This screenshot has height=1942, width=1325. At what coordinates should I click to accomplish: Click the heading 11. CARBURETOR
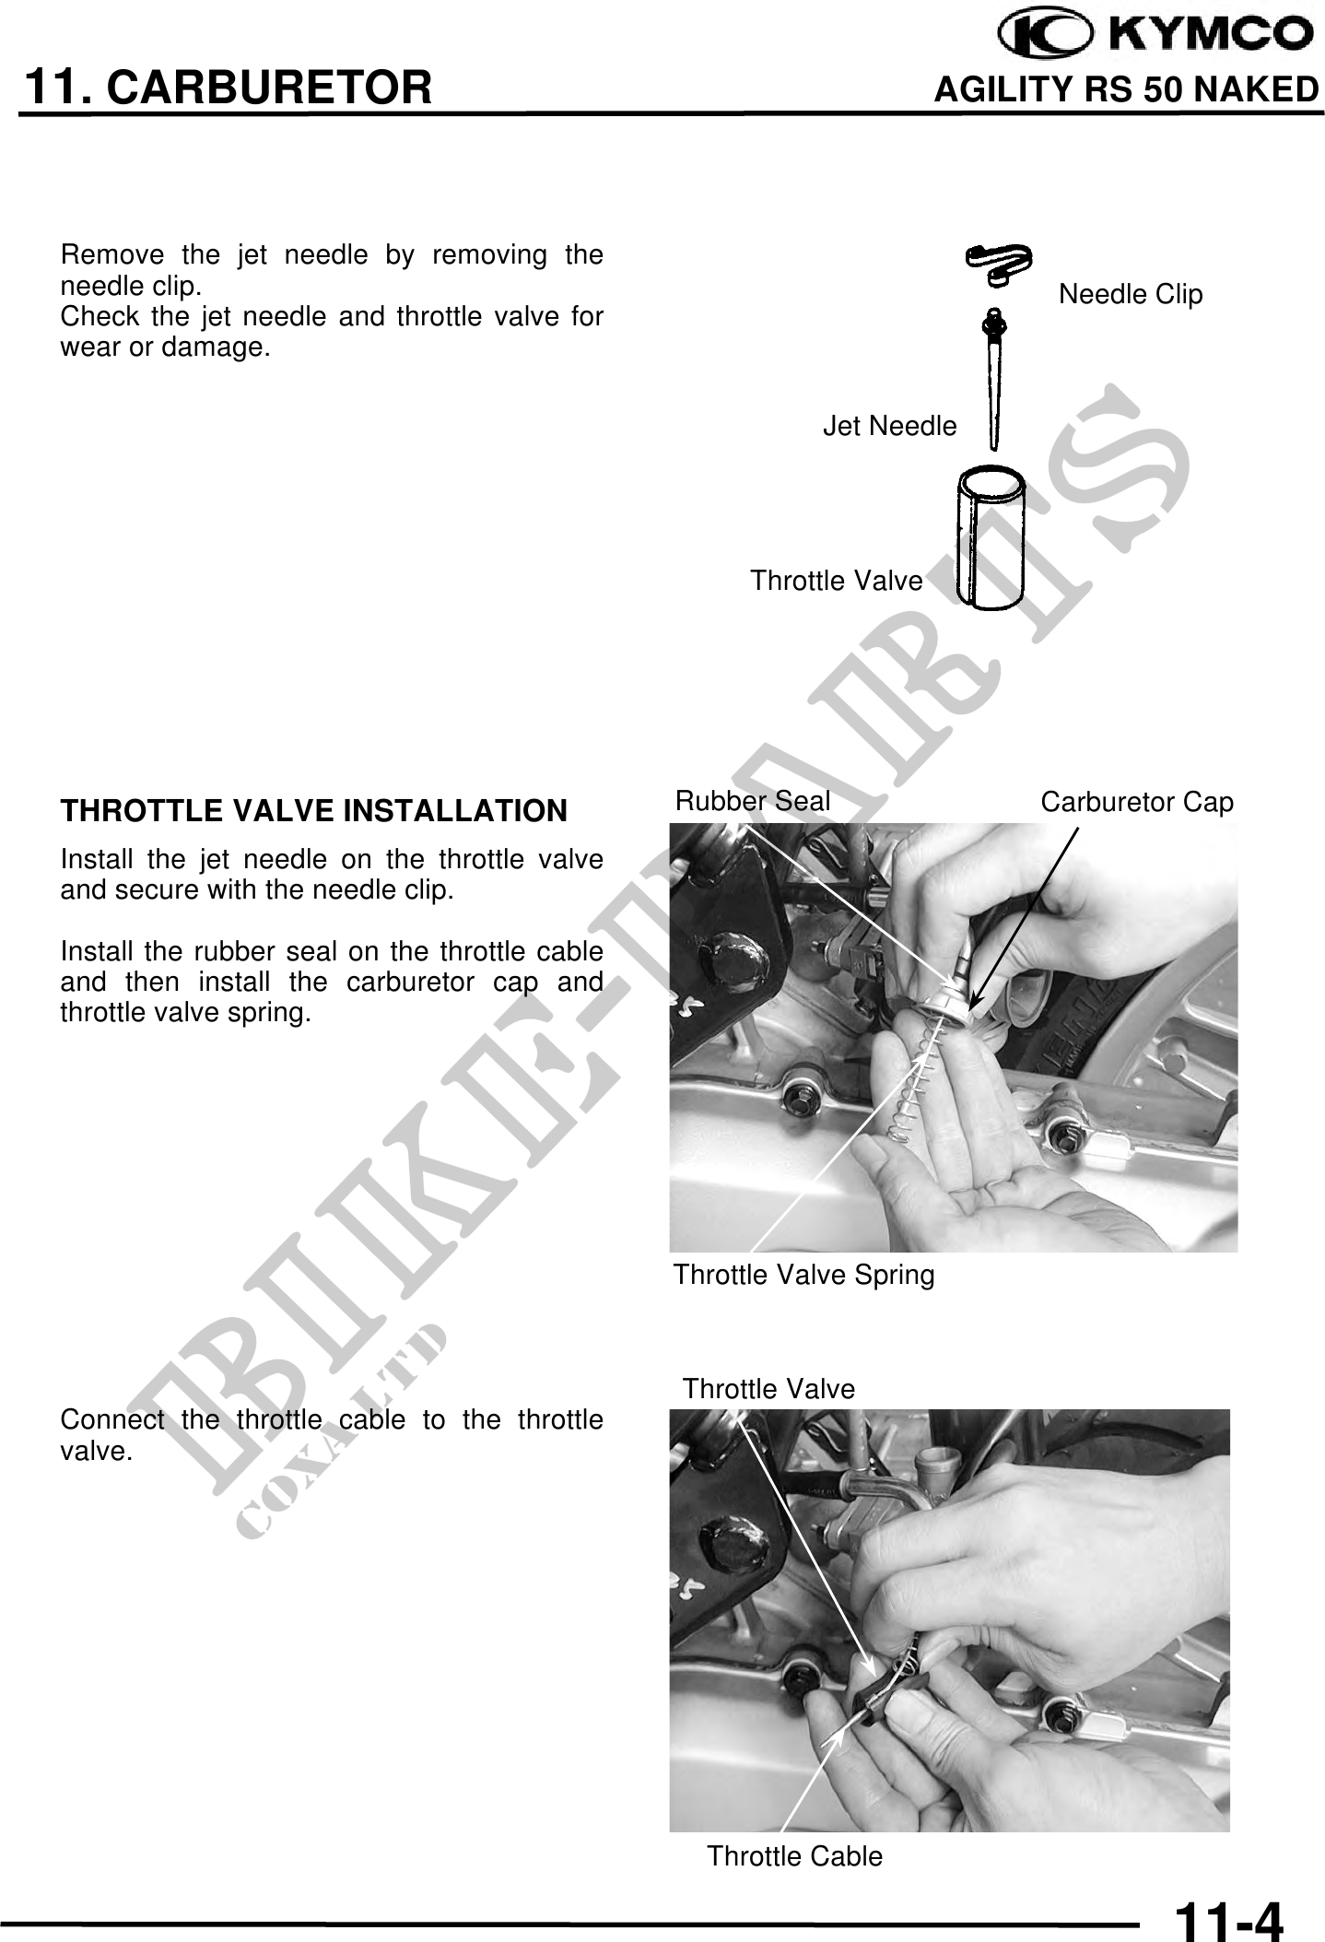(228, 88)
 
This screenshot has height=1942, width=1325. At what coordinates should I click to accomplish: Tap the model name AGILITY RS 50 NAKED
(1126, 90)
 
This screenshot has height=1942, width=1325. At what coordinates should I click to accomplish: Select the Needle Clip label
(1131, 294)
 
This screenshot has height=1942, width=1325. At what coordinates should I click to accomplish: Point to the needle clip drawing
(998, 261)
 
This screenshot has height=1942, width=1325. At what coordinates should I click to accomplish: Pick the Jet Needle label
(889, 426)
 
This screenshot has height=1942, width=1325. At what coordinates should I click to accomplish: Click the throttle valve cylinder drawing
(991, 537)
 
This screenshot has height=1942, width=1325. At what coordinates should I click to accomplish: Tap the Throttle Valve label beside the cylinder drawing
(836, 581)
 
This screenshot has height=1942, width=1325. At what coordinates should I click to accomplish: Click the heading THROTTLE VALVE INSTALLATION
(313, 811)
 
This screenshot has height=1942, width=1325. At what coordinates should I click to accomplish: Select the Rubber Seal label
(753, 801)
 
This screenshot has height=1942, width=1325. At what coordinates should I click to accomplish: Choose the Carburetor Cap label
(1137, 803)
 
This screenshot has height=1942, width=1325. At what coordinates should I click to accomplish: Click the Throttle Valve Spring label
(803, 1275)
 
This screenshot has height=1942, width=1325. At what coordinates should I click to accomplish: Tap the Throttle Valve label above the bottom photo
(768, 1389)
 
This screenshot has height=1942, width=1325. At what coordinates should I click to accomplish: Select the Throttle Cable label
(794, 1856)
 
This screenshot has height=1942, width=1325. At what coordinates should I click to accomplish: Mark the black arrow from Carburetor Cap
(1025, 913)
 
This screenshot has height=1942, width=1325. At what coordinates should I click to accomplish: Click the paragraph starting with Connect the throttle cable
(332, 1435)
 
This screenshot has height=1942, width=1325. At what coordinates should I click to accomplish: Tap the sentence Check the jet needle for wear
(332, 333)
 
